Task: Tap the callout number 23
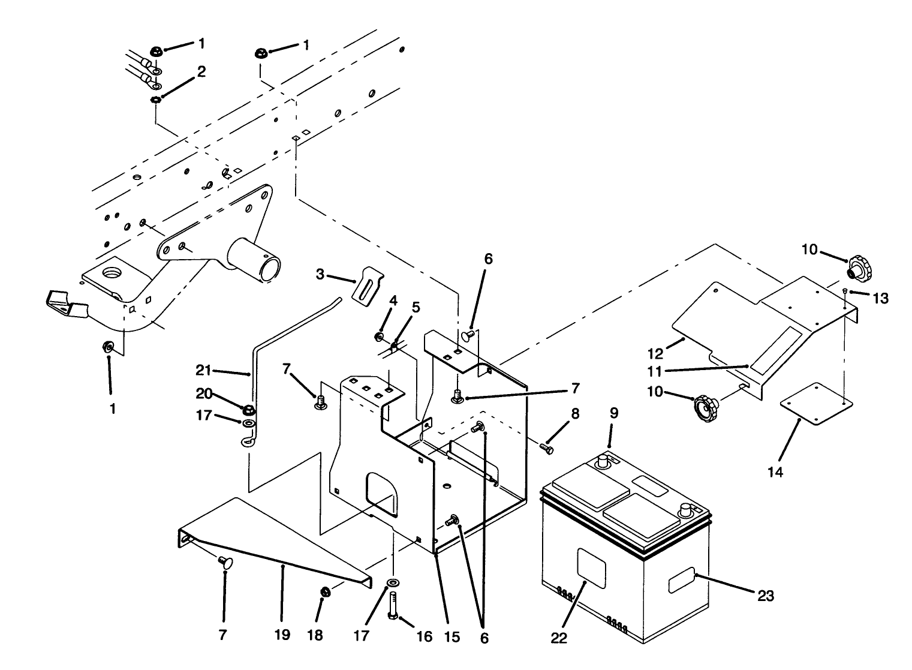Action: (x=766, y=596)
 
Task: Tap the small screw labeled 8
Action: (x=546, y=447)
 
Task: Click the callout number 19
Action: (x=282, y=635)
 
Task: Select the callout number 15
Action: (x=452, y=637)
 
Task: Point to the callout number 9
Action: (x=614, y=413)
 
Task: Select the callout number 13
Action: (x=880, y=298)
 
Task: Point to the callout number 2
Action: (x=201, y=72)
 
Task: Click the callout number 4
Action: (x=393, y=300)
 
